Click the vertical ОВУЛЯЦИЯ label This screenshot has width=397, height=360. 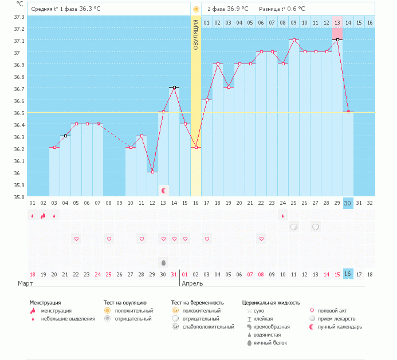(x=196, y=34)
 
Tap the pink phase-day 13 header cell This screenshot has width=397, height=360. (x=337, y=22)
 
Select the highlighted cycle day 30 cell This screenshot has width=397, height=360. (x=348, y=203)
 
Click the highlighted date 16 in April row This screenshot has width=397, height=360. (x=348, y=274)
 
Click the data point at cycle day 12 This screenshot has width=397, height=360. (x=152, y=172)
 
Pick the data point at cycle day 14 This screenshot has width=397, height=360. (x=174, y=88)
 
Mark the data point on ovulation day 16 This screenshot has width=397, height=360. (x=196, y=148)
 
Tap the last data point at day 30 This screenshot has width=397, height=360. (x=348, y=112)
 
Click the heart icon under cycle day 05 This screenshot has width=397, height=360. (x=76, y=239)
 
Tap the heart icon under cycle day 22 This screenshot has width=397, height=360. (x=261, y=239)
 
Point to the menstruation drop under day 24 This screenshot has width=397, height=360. (x=283, y=216)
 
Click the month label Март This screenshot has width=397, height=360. (x=25, y=283)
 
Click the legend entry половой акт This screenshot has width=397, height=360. (x=333, y=311)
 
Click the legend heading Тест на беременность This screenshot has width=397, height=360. (x=197, y=302)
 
